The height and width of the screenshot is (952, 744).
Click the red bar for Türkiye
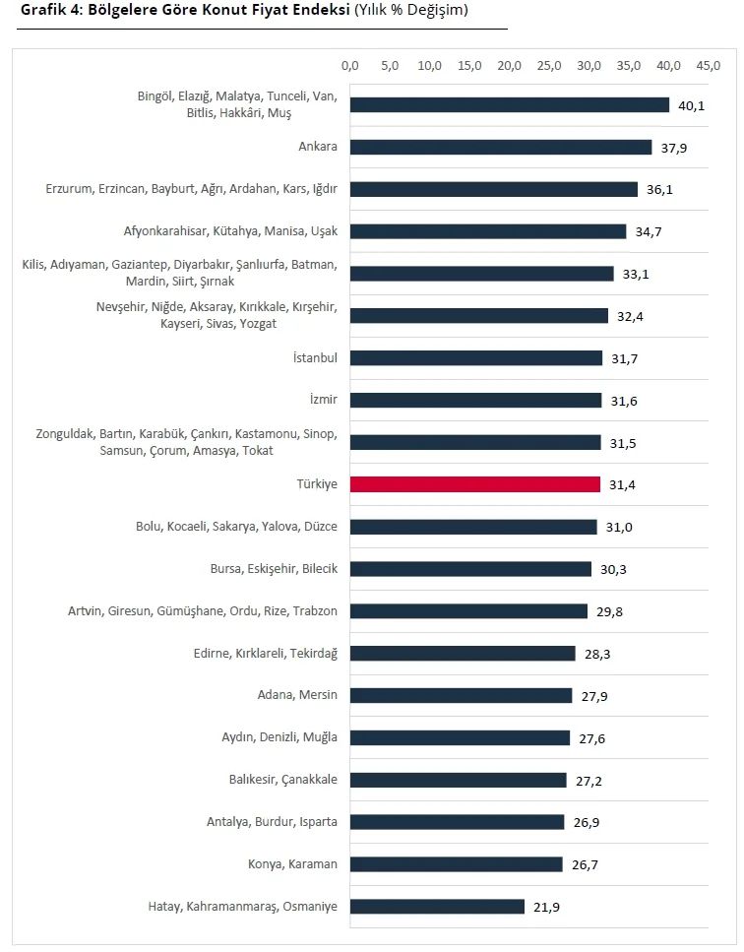[475, 484]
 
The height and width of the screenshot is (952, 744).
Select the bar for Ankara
[501, 147]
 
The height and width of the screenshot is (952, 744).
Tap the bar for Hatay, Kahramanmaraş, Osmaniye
[437, 907]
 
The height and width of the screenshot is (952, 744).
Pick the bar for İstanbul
[476, 358]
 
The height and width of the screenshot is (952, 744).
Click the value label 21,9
[546, 907]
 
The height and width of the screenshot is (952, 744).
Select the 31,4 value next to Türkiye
[622, 485]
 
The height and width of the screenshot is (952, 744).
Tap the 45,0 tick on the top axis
[709, 66]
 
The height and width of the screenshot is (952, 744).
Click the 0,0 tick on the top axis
[350, 66]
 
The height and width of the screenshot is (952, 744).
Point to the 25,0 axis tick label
[549, 66]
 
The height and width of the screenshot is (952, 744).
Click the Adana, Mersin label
[297, 695]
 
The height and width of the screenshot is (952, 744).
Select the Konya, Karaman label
[292, 864]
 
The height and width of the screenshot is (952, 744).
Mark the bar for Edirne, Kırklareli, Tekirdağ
[463, 654]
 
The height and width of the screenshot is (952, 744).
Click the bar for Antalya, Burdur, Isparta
[458, 822]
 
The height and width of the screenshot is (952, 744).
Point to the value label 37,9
[673, 148]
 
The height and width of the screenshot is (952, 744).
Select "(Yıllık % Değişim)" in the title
[411, 11]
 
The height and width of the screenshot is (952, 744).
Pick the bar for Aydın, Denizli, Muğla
[461, 737]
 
